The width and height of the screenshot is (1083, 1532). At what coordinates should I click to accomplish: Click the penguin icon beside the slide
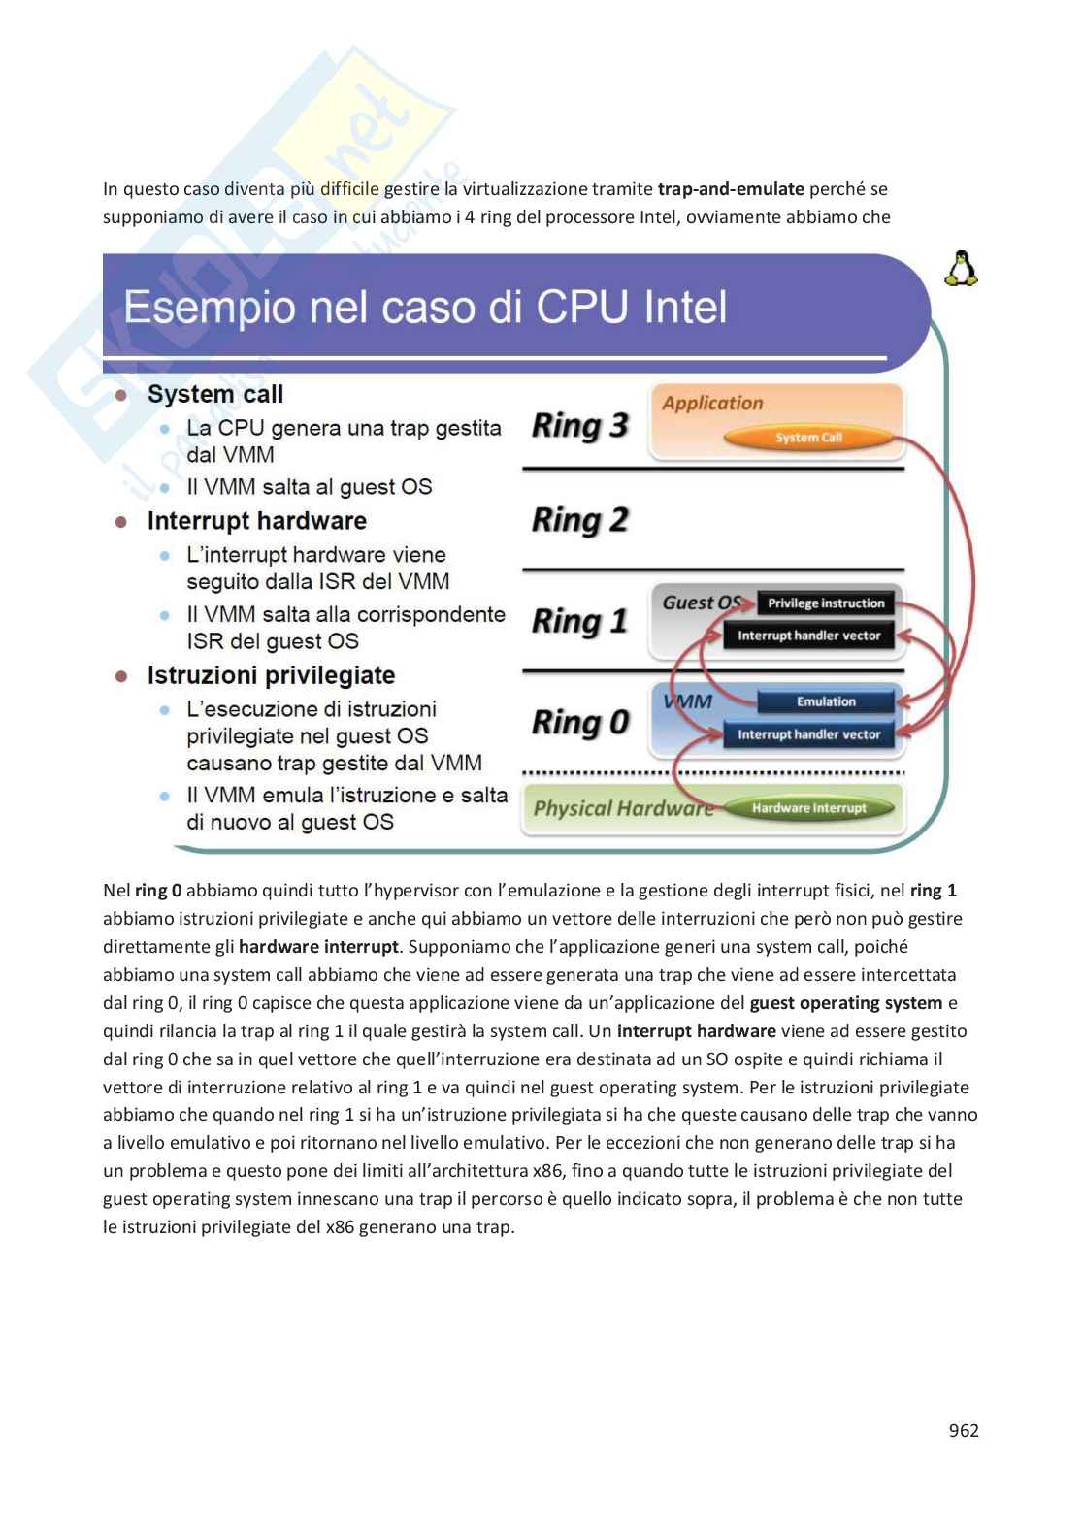tap(961, 269)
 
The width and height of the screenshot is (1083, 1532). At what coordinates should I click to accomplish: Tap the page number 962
tap(963, 1430)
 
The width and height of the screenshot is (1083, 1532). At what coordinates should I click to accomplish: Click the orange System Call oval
tap(808, 438)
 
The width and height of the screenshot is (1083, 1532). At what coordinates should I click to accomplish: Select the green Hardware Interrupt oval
tap(808, 807)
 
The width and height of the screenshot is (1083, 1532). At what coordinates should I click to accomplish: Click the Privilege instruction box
tap(826, 603)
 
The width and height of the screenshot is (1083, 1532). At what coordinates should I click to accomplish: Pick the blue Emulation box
tap(826, 701)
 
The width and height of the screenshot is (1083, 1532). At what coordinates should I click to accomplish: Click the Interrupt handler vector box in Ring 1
tap(808, 636)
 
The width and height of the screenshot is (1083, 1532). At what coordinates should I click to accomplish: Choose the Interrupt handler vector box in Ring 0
tap(808, 734)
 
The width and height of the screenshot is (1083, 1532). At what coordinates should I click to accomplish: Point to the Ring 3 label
tap(579, 425)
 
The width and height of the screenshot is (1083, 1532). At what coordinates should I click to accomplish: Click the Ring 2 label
tap(579, 520)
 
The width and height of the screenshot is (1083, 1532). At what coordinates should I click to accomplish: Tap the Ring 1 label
tap(579, 621)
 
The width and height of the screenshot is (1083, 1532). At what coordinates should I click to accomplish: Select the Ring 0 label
tap(579, 722)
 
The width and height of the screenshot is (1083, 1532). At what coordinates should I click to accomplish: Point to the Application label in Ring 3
tap(712, 403)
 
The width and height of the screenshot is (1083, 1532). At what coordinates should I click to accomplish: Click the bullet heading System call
tap(215, 394)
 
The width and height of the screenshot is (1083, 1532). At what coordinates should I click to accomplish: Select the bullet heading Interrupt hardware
tap(257, 521)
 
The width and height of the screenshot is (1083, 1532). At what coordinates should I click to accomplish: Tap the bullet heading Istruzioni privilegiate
tap(271, 675)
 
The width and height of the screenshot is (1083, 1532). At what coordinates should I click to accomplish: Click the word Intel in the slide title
tap(684, 309)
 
